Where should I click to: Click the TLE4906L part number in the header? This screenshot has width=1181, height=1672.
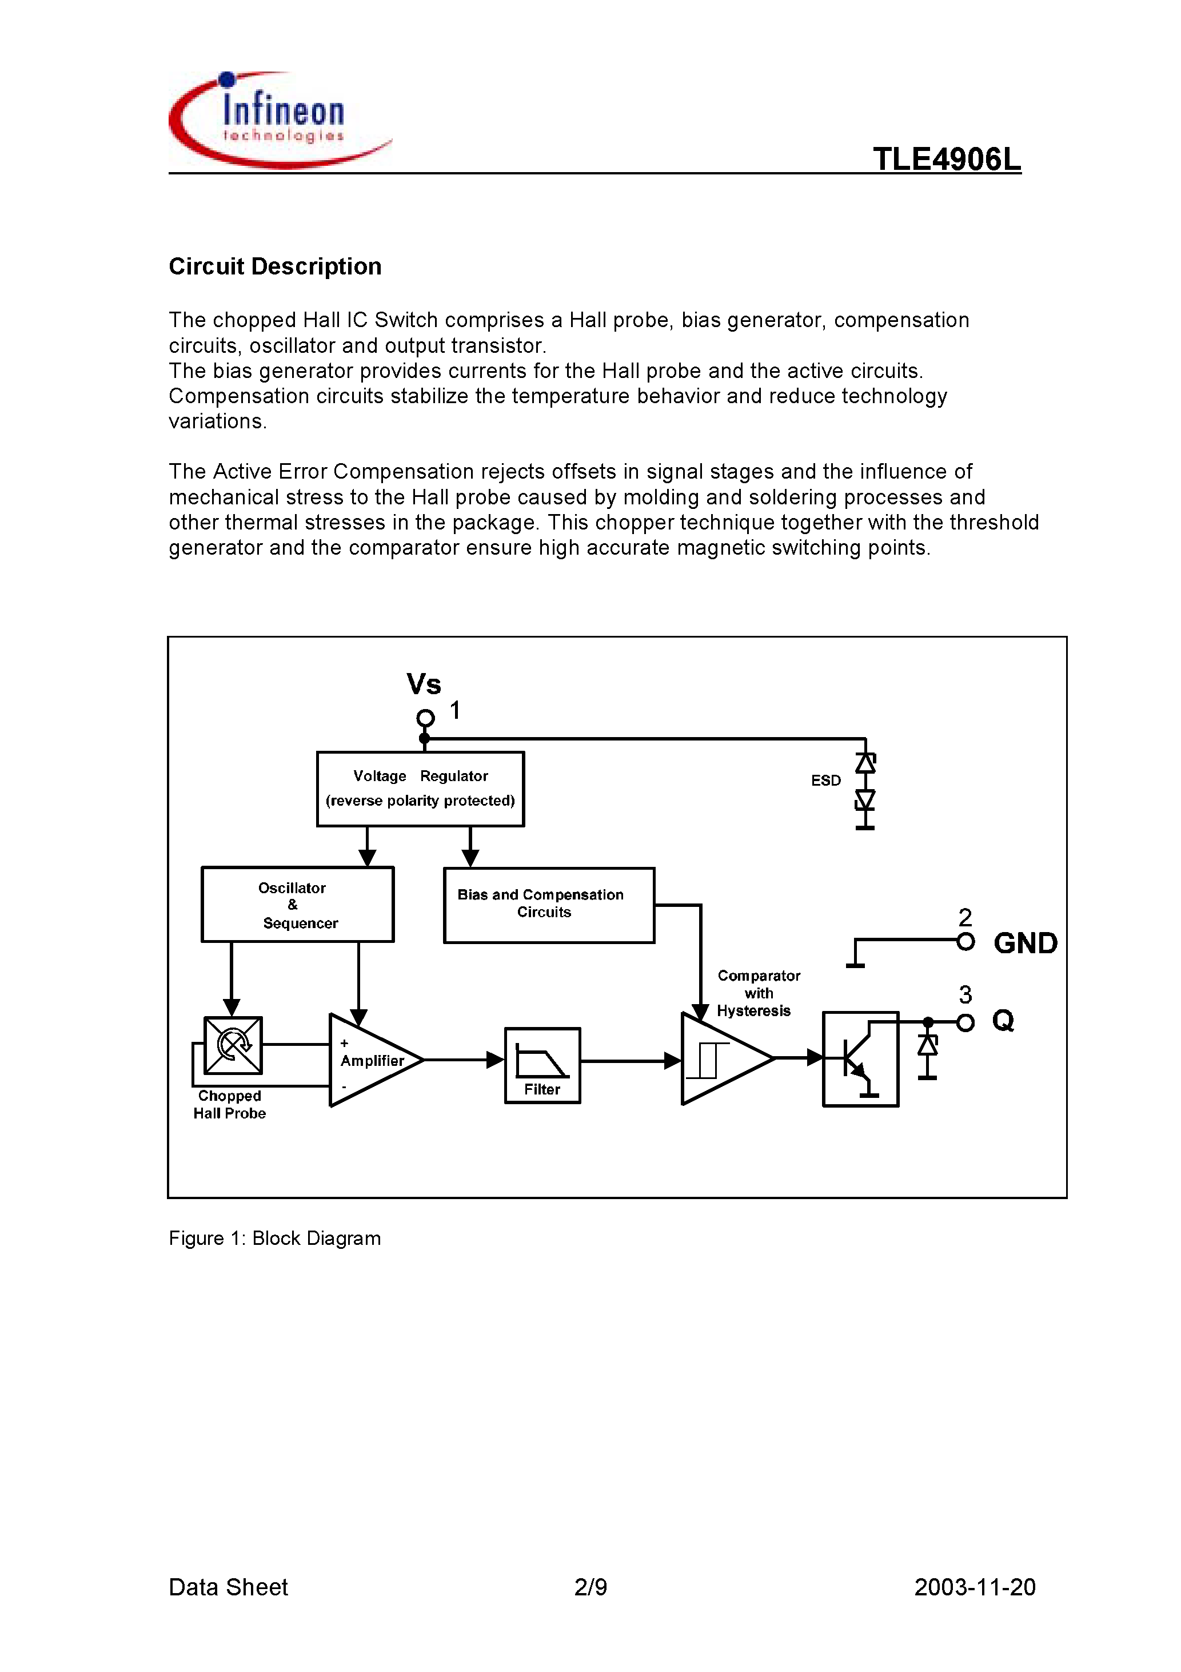[x=947, y=160]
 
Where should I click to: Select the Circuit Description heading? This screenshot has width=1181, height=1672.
[x=274, y=266]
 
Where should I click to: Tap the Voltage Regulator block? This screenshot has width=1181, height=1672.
[x=420, y=789]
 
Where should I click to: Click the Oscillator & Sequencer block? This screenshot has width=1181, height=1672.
[x=297, y=905]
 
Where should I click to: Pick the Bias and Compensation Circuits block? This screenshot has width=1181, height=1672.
[x=548, y=905]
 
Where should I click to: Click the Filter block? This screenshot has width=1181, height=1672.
[x=542, y=1065]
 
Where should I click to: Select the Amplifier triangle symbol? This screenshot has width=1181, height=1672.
[x=372, y=1060]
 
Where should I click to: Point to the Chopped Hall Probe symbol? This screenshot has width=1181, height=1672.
[x=233, y=1045]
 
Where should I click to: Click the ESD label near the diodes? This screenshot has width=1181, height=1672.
[x=825, y=781]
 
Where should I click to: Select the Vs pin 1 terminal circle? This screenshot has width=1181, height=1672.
[x=425, y=719]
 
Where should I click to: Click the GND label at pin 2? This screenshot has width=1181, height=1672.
[x=1025, y=943]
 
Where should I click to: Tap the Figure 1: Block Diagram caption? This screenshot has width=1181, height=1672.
[x=274, y=1238]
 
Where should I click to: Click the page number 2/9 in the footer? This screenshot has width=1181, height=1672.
[x=590, y=1587]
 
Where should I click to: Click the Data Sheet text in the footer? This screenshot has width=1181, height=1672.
[x=228, y=1587]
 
